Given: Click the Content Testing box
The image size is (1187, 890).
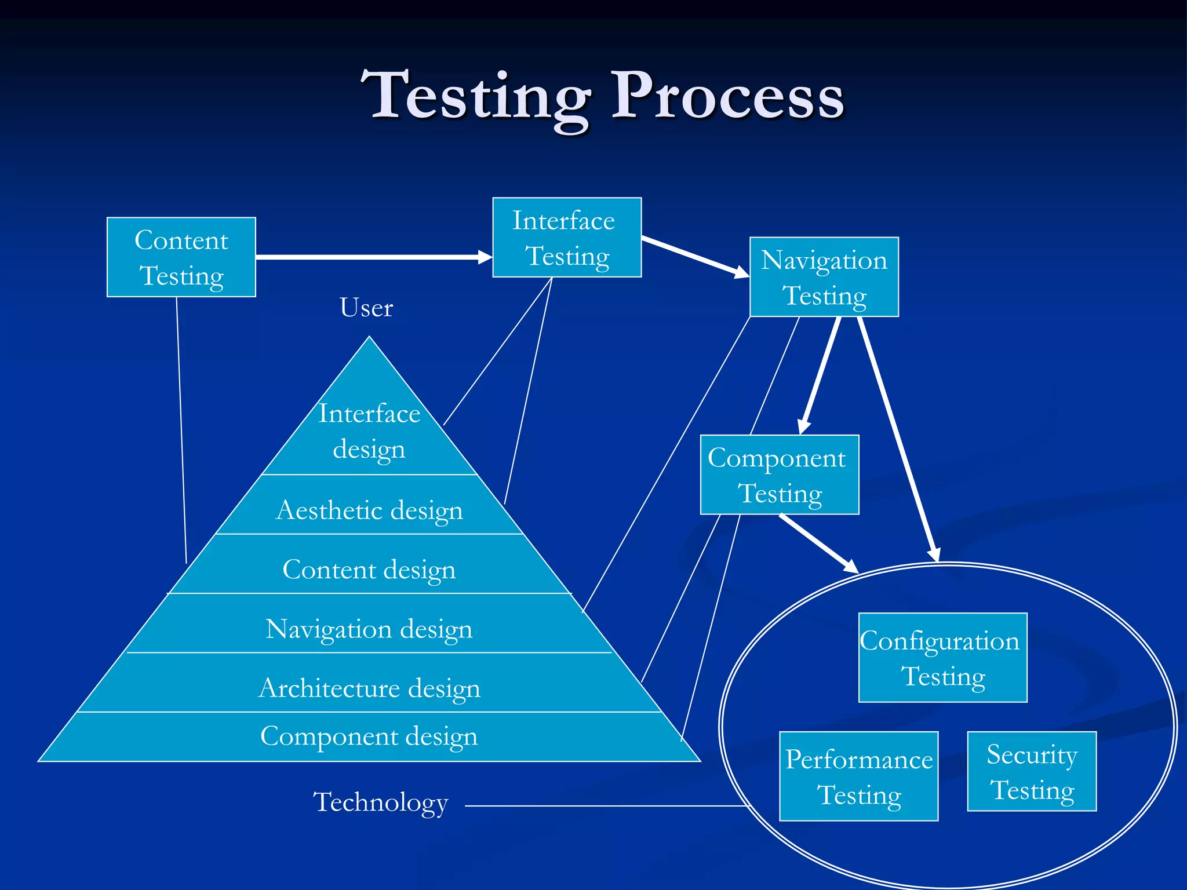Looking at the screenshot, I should [x=181, y=257].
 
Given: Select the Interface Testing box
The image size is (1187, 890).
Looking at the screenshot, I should [x=566, y=238].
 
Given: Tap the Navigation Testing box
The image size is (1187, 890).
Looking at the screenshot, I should [x=824, y=277].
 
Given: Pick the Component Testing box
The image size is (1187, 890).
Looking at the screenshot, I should [x=779, y=475].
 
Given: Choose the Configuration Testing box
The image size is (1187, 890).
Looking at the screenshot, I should [x=942, y=658].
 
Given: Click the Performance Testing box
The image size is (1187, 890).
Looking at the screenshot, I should [x=858, y=776].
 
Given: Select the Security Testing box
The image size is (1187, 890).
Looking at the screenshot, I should [x=1032, y=771].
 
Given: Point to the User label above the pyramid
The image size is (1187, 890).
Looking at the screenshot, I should [x=366, y=308].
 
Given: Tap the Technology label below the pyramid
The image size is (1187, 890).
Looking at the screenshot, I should [x=380, y=803].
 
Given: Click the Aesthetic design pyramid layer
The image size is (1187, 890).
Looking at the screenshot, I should [x=369, y=510].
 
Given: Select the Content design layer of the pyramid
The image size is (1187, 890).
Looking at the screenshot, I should [x=369, y=569].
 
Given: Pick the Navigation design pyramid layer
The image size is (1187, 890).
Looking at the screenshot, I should [x=369, y=629].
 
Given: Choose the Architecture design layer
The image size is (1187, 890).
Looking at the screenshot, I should [x=369, y=688].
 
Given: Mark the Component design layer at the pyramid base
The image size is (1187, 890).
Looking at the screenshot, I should [x=369, y=736].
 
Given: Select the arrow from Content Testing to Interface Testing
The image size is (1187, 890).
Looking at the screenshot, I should [x=371, y=257].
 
